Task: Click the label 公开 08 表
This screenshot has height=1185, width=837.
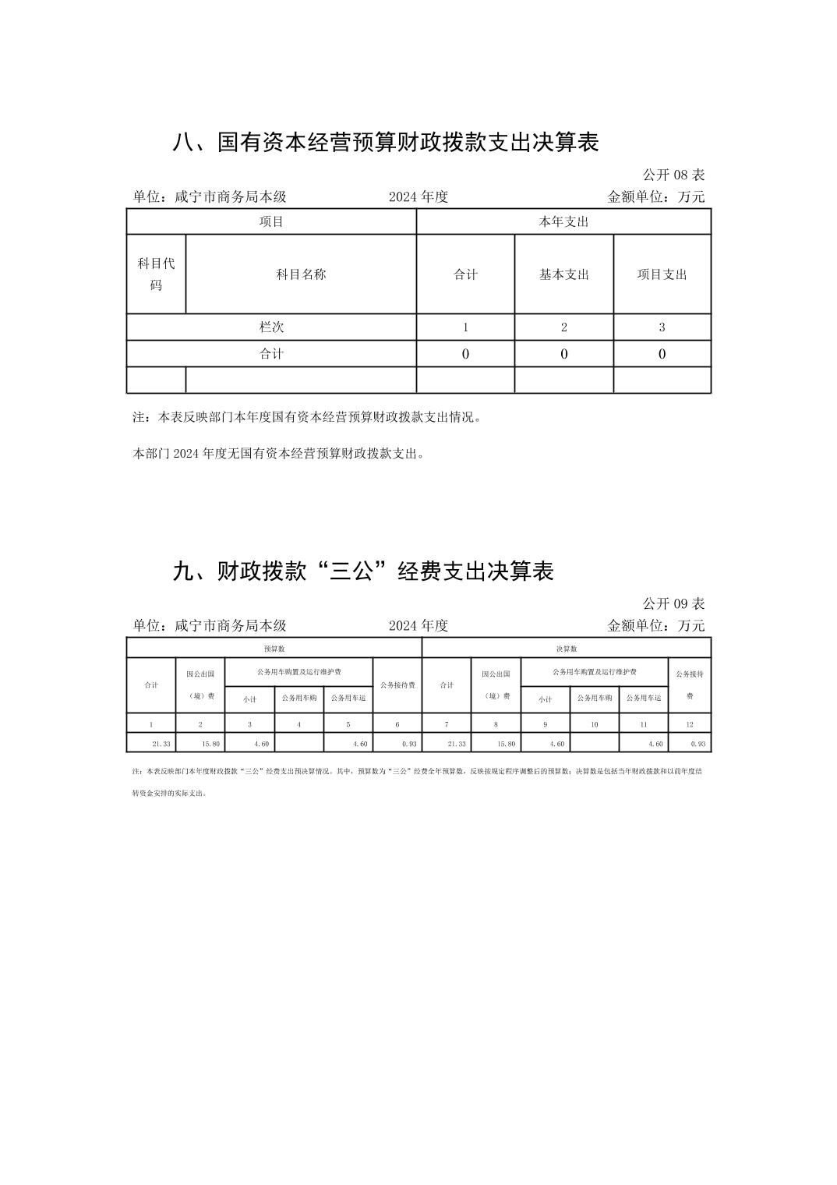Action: click(x=673, y=175)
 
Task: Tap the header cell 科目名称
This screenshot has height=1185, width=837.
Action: click(x=301, y=274)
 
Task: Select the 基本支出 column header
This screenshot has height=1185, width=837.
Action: click(x=563, y=274)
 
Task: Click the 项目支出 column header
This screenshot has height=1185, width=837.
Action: click(x=662, y=274)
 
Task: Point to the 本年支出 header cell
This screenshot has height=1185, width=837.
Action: click(x=563, y=221)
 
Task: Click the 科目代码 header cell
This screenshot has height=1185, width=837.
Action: click(x=156, y=274)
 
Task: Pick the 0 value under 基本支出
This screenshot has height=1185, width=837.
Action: click(x=563, y=354)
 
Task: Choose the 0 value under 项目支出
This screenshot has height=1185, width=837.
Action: click(x=662, y=354)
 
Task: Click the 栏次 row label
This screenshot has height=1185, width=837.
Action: click(x=271, y=327)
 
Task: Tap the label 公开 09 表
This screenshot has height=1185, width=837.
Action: click(x=673, y=603)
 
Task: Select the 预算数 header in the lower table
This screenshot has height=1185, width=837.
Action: click(x=274, y=649)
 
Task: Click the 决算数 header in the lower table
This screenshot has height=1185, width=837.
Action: click(x=566, y=649)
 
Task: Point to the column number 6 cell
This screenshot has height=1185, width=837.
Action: click(x=397, y=724)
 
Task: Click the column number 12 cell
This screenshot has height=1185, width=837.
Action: click(x=689, y=724)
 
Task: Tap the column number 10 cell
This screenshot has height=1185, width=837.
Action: click(x=594, y=724)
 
